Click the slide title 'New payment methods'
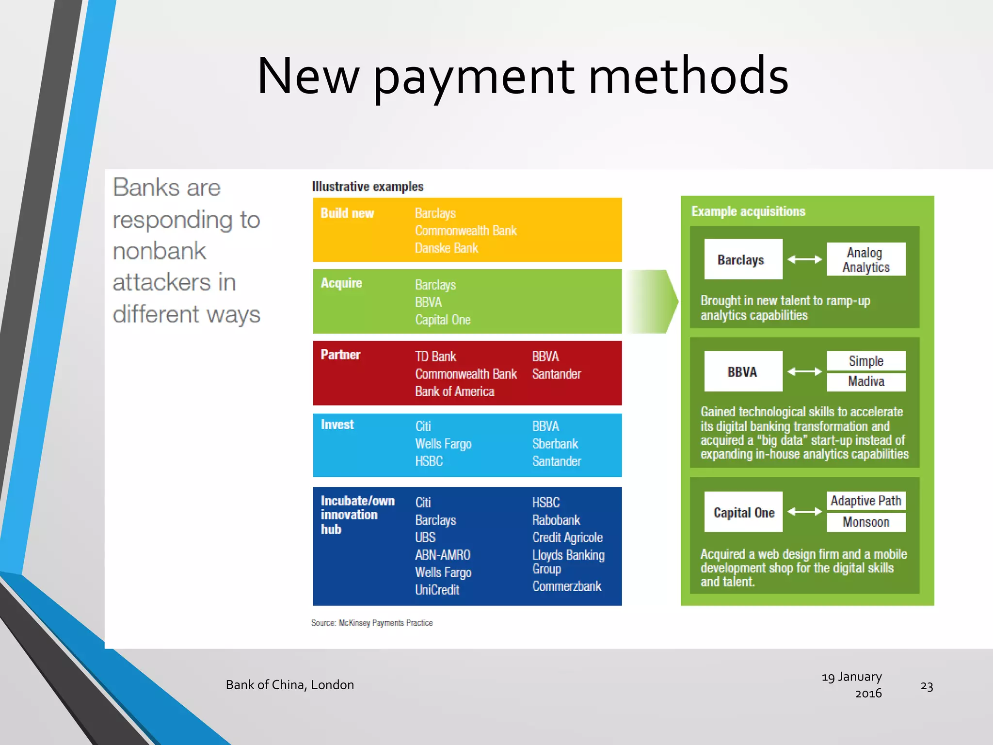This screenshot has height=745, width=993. click(523, 77)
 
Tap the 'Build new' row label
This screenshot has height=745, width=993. click(347, 213)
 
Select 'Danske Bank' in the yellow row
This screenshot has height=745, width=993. click(446, 248)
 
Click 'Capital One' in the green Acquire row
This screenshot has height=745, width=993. click(443, 320)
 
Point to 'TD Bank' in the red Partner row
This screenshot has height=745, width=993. click(435, 357)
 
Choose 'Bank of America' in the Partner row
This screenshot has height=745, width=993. click(454, 392)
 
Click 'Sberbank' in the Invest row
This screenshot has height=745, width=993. click(555, 444)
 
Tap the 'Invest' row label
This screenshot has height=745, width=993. click(337, 425)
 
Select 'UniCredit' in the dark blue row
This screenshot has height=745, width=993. click(437, 590)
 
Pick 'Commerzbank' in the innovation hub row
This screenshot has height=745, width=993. click(566, 586)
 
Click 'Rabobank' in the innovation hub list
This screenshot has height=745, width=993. click(556, 520)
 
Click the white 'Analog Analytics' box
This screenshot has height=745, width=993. click(866, 259)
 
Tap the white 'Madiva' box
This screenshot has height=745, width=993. click(866, 382)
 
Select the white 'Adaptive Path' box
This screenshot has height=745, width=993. click(866, 501)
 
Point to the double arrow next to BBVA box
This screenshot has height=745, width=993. click(804, 372)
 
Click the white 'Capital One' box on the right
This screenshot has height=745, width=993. click(743, 513)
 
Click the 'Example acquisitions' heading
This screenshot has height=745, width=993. click(748, 211)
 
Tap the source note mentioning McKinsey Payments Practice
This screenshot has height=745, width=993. click(372, 623)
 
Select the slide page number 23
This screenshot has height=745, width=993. click(927, 686)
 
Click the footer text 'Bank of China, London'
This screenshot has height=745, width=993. click(289, 685)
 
